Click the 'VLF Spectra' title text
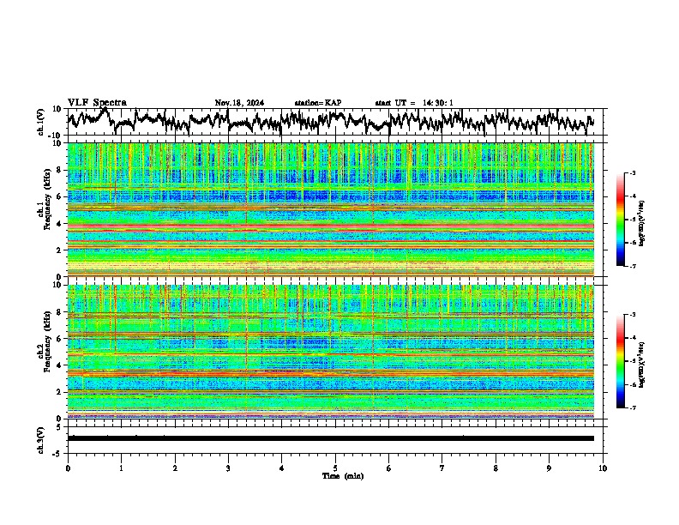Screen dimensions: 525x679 tap(97, 102)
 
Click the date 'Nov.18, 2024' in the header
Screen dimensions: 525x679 tap(239, 103)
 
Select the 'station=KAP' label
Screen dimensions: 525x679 tap(318, 103)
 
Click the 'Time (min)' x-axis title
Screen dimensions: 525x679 tap(335, 476)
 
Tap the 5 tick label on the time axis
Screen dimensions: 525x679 tap(335, 468)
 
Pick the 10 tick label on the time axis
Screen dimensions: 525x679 tap(603, 468)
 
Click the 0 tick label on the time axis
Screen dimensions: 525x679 tap(68, 468)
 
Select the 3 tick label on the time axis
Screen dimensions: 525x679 tap(228, 468)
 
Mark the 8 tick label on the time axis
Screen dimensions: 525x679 tap(496, 468)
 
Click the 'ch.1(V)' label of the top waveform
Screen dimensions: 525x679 tap(41, 122)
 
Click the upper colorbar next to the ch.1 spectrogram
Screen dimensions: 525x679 tap(622, 220)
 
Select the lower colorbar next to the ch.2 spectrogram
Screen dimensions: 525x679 tap(622, 361)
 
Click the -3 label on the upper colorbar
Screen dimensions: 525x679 tap(633, 173)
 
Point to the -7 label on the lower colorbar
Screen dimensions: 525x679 tap(633, 407)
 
